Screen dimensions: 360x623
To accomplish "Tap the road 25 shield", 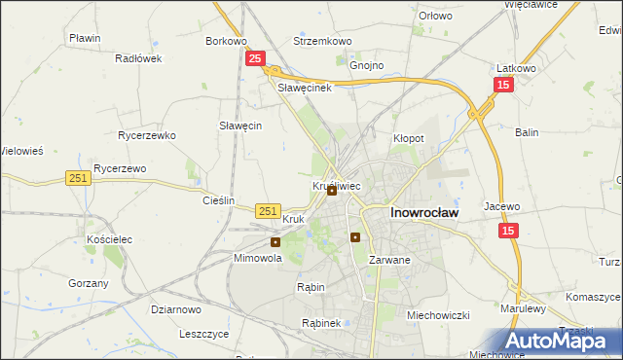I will tap(254, 59).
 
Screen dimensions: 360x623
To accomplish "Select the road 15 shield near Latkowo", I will tap(502, 86).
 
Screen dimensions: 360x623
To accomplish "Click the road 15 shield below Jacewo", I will tap(508, 231).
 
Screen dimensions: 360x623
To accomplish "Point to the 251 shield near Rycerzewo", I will tap(79, 178).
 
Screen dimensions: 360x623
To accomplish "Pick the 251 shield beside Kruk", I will tap(269, 210).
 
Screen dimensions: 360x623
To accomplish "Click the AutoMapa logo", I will tap(562, 341).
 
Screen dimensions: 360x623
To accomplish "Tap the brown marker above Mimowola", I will tap(275, 242).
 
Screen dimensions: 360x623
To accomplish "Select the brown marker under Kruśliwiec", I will tap(332, 191).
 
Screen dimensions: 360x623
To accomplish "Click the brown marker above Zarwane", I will tap(355, 236).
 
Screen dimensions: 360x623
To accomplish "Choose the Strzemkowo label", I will tap(322, 42).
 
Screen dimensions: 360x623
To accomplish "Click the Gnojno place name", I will tap(367, 65).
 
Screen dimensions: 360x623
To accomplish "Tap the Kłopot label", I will tap(408, 138).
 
